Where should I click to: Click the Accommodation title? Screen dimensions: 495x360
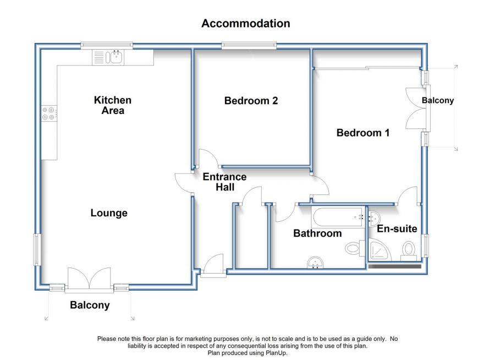pos(246,23)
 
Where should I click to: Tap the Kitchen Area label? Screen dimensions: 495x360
pos(113,105)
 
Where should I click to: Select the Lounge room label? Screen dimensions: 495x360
pos(109,213)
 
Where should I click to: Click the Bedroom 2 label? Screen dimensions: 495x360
pos(251,101)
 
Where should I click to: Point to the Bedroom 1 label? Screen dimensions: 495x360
pos(363,133)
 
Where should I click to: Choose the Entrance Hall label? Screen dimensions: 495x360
pos(224,182)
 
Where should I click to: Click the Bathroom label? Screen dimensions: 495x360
pos(317,233)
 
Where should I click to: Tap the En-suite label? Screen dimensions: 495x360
pos(397,228)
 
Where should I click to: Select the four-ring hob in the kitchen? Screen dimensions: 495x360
pos(50,113)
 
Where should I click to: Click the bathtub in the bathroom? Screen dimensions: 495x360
pos(338,217)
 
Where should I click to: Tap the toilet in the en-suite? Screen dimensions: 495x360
pos(408,250)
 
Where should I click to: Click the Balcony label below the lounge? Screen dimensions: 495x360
pos(90,306)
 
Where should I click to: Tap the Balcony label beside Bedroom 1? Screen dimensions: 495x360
pos(438,101)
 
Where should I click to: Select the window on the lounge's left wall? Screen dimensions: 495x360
pos(37,250)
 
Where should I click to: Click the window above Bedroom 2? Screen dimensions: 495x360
pos(249,46)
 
